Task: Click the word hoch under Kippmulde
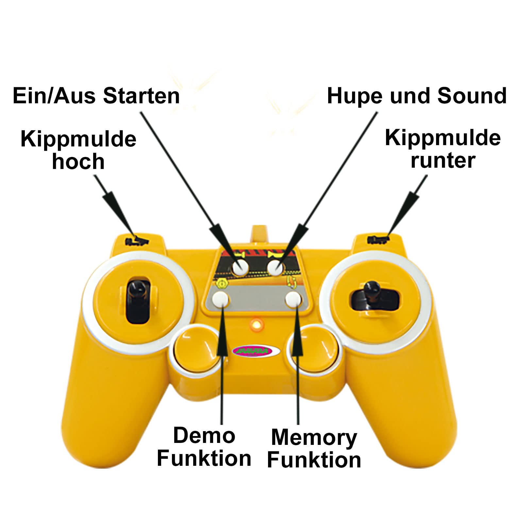pos(78,161)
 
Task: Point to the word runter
pos(443,160)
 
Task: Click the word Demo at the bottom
pos(204,436)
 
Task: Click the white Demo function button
pos(220,298)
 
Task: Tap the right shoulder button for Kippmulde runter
pos(378,240)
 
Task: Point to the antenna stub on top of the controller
pos(258,234)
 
